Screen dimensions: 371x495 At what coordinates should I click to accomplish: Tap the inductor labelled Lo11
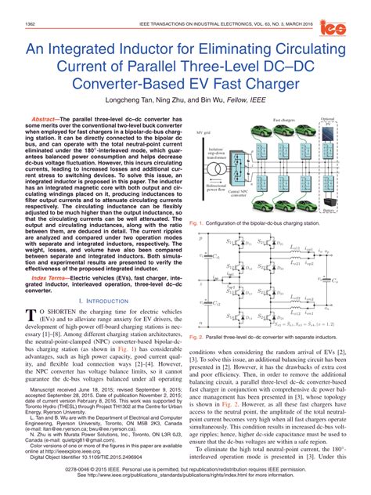pyautogui.click(x=295, y=248)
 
